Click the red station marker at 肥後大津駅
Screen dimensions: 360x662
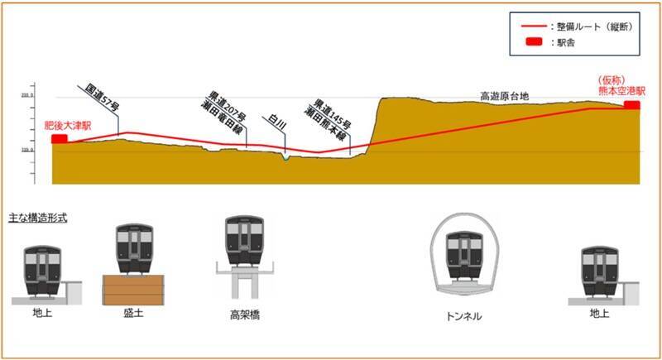coord(59,139)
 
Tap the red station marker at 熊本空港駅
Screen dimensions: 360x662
coord(632,105)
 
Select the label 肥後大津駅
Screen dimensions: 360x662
coord(68,124)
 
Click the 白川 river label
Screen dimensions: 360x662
coord(276,122)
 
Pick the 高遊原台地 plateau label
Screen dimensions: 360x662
coord(505,96)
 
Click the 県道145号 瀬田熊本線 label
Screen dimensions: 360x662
coord(330,118)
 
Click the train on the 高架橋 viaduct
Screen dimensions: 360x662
coord(245,241)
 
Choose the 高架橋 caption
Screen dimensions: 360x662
coord(245,315)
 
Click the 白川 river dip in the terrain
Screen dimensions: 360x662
coord(285,157)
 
